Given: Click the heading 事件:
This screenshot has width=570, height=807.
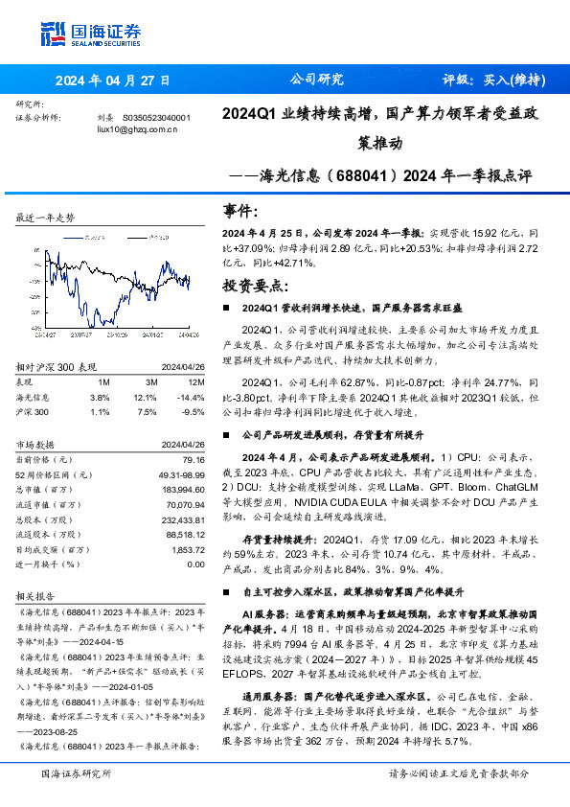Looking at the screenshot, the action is [242, 211].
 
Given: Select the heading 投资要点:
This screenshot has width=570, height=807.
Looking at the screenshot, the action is [255, 286].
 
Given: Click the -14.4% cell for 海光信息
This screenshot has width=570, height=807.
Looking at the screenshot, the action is [193, 396].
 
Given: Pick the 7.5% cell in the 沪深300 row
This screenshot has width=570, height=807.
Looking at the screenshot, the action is [147, 411].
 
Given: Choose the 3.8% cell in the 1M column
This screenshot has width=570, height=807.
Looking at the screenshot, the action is [101, 396].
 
